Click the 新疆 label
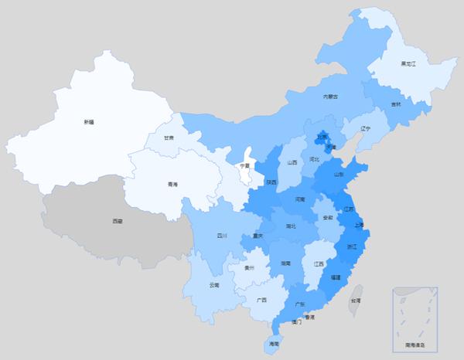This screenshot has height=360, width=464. (88, 122)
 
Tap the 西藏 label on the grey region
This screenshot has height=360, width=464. (117, 222)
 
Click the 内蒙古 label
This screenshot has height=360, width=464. (331, 97)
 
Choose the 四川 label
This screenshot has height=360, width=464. (222, 236)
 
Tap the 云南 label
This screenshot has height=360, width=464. (214, 285)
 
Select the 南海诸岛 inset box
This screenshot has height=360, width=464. (415, 316)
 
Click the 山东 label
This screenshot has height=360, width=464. (339, 175)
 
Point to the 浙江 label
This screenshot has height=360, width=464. (352, 246)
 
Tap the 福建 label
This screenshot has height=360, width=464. (335, 276)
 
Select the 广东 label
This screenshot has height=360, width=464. (299, 304)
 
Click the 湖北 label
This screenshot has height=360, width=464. (291, 226)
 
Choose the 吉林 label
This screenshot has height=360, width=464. (396, 104)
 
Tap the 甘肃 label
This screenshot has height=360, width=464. (169, 138)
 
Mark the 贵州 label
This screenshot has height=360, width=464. (248, 268)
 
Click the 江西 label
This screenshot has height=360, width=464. (319, 264)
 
